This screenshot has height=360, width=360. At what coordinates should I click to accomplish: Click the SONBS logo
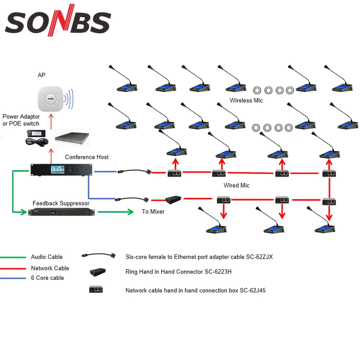pos(58,20)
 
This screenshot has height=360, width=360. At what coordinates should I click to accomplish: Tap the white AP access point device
pos(50,99)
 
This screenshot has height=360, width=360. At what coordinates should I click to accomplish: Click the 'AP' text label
pos(42,75)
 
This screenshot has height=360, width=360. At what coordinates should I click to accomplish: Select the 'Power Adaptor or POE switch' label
pos(21,120)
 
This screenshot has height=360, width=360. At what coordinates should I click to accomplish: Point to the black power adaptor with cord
pos(37,138)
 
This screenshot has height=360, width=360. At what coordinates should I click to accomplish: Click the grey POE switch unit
pos(72,138)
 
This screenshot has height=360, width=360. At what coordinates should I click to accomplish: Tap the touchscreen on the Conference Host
pos(58,169)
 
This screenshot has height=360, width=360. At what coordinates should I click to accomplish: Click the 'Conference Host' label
pos(86,157)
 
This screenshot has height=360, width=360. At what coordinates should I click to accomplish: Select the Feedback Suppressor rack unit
pos(61,212)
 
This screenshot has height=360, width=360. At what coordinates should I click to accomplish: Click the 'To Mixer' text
pos(153,212)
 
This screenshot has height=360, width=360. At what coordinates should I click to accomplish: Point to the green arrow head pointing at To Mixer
pos(131,212)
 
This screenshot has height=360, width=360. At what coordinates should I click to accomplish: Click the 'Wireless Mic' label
pos(246,100)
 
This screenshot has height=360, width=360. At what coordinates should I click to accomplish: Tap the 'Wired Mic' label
pos(237,185)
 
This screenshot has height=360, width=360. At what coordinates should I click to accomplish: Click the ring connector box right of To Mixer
pos(173,200)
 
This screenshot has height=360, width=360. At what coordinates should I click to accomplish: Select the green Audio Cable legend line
pos(13,257)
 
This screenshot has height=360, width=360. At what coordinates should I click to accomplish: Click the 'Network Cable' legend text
pos(50,268)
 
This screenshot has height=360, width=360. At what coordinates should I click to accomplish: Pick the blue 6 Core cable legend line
pos(13,278)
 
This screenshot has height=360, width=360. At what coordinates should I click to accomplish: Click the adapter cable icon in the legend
pos(99,255)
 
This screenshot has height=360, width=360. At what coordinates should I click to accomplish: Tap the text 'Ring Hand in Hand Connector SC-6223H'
pos(179,272)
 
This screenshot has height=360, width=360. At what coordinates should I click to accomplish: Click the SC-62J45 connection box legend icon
pos(96,289)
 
